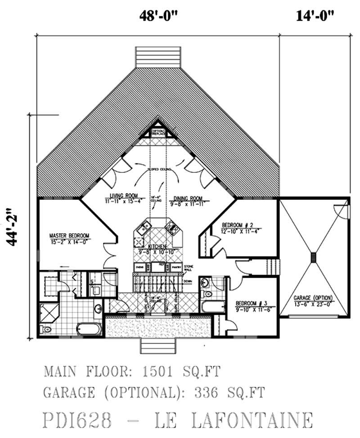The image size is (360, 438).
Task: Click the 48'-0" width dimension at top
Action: pos(159,17)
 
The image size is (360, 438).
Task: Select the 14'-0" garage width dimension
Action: pos(315,17)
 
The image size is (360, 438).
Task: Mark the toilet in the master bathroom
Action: pos(46,330)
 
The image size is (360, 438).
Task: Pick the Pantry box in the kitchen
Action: pos(177,267)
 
